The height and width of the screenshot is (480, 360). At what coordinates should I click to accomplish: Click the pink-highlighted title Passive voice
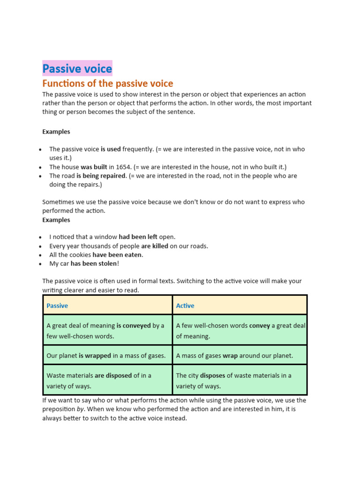pyautogui.click(x=77, y=69)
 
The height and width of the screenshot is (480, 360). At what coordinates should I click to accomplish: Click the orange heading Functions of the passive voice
pyautogui.click(x=108, y=83)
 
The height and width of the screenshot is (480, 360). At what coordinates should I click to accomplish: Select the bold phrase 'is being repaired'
pyautogui.click(x=101, y=176)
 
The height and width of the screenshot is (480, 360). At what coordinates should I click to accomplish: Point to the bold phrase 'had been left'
pyautogui.click(x=138, y=237)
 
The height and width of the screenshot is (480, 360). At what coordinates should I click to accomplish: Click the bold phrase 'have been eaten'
pyautogui.click(x=118, y=255)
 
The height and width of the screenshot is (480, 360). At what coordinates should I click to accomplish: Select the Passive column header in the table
pyautogui.click(x=57, y=306)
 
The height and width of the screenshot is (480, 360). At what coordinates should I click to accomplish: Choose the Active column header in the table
pyautogui.click(x=185, y=306)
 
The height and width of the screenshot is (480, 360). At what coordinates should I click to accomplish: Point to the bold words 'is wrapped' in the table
pyautogui.click(x=95, y=356)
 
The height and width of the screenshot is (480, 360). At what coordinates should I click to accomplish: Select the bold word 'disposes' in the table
pyautogui.click(x=213, y=375)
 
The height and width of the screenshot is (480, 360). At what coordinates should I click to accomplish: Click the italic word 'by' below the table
pyautogui.click(x=80, y=409)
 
